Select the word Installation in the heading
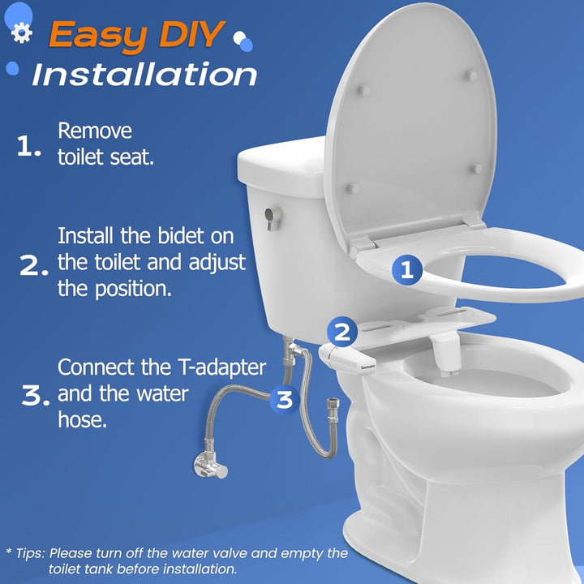[x=144, y=75]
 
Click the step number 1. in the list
[x=29, y=146]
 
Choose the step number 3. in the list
[x=36, y=395]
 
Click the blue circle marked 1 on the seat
[x=408, y=270]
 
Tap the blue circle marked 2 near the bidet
[x=342, y=331]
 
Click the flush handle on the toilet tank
[x=274, y=214]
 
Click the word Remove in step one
[x=94, y=131]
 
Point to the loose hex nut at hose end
[x=333, y=403]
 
